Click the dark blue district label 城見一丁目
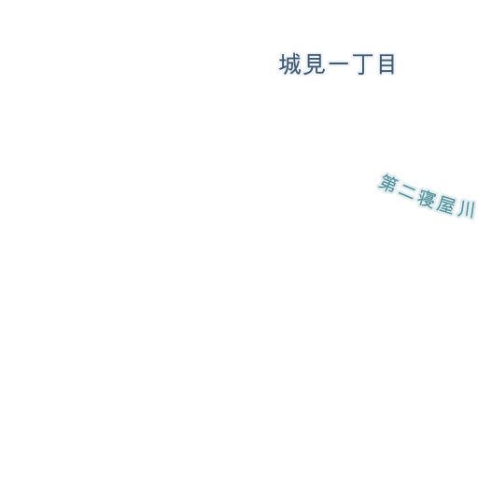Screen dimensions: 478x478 click(337, 64)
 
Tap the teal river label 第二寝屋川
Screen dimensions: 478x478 click(427, 196)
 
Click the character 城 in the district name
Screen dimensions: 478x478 click(290, 64)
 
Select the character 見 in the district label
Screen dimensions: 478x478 click(314, 64)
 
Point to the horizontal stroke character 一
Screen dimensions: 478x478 click(338, 63)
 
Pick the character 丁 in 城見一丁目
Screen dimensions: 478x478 click(362, 64)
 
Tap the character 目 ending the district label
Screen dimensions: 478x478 click(387, 64)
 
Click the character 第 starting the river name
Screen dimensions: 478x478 click(388, 183)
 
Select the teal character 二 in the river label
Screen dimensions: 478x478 click(406, 191)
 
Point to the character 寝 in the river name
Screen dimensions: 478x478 click(426, 198)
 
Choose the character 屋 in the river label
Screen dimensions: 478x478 click(445, 204)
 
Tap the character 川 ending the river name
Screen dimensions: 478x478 click(466, 210)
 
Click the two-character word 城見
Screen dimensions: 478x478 click(302, 64)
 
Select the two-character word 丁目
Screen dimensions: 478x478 click(373, 64)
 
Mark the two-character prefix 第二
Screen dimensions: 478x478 click(397, 187)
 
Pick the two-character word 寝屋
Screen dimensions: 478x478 click(436, 202)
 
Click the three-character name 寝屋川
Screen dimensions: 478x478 click(446, 204)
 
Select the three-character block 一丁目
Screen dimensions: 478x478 click(362, 64)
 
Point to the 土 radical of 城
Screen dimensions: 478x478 click(283, 64)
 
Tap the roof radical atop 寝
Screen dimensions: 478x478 click(428, 191)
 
